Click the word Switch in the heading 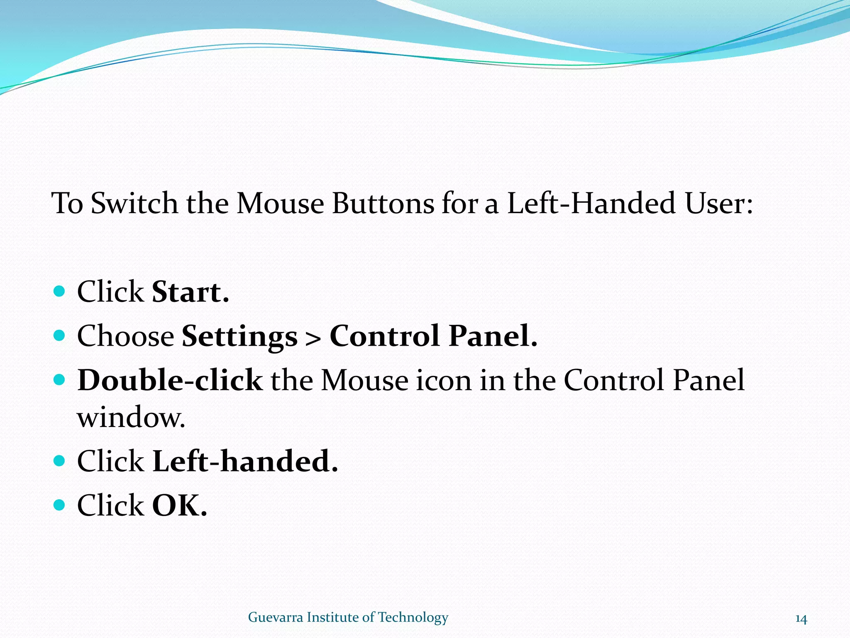click(134, 204)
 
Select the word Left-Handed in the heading click(591, 204)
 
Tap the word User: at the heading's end click(719, 204)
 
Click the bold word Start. click(190, 292)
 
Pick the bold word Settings click(239, 336)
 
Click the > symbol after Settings click(313, 338)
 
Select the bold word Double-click click(170, 380)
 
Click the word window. click(131, 417)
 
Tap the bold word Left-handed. click(245, 461)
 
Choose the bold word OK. click(179, 505)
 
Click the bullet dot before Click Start click(60, 291)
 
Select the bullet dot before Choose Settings click(60, 335)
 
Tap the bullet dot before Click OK click(60, 505)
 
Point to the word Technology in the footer click(413, 618)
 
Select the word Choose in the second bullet click(125, 336)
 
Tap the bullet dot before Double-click click(60, 379)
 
